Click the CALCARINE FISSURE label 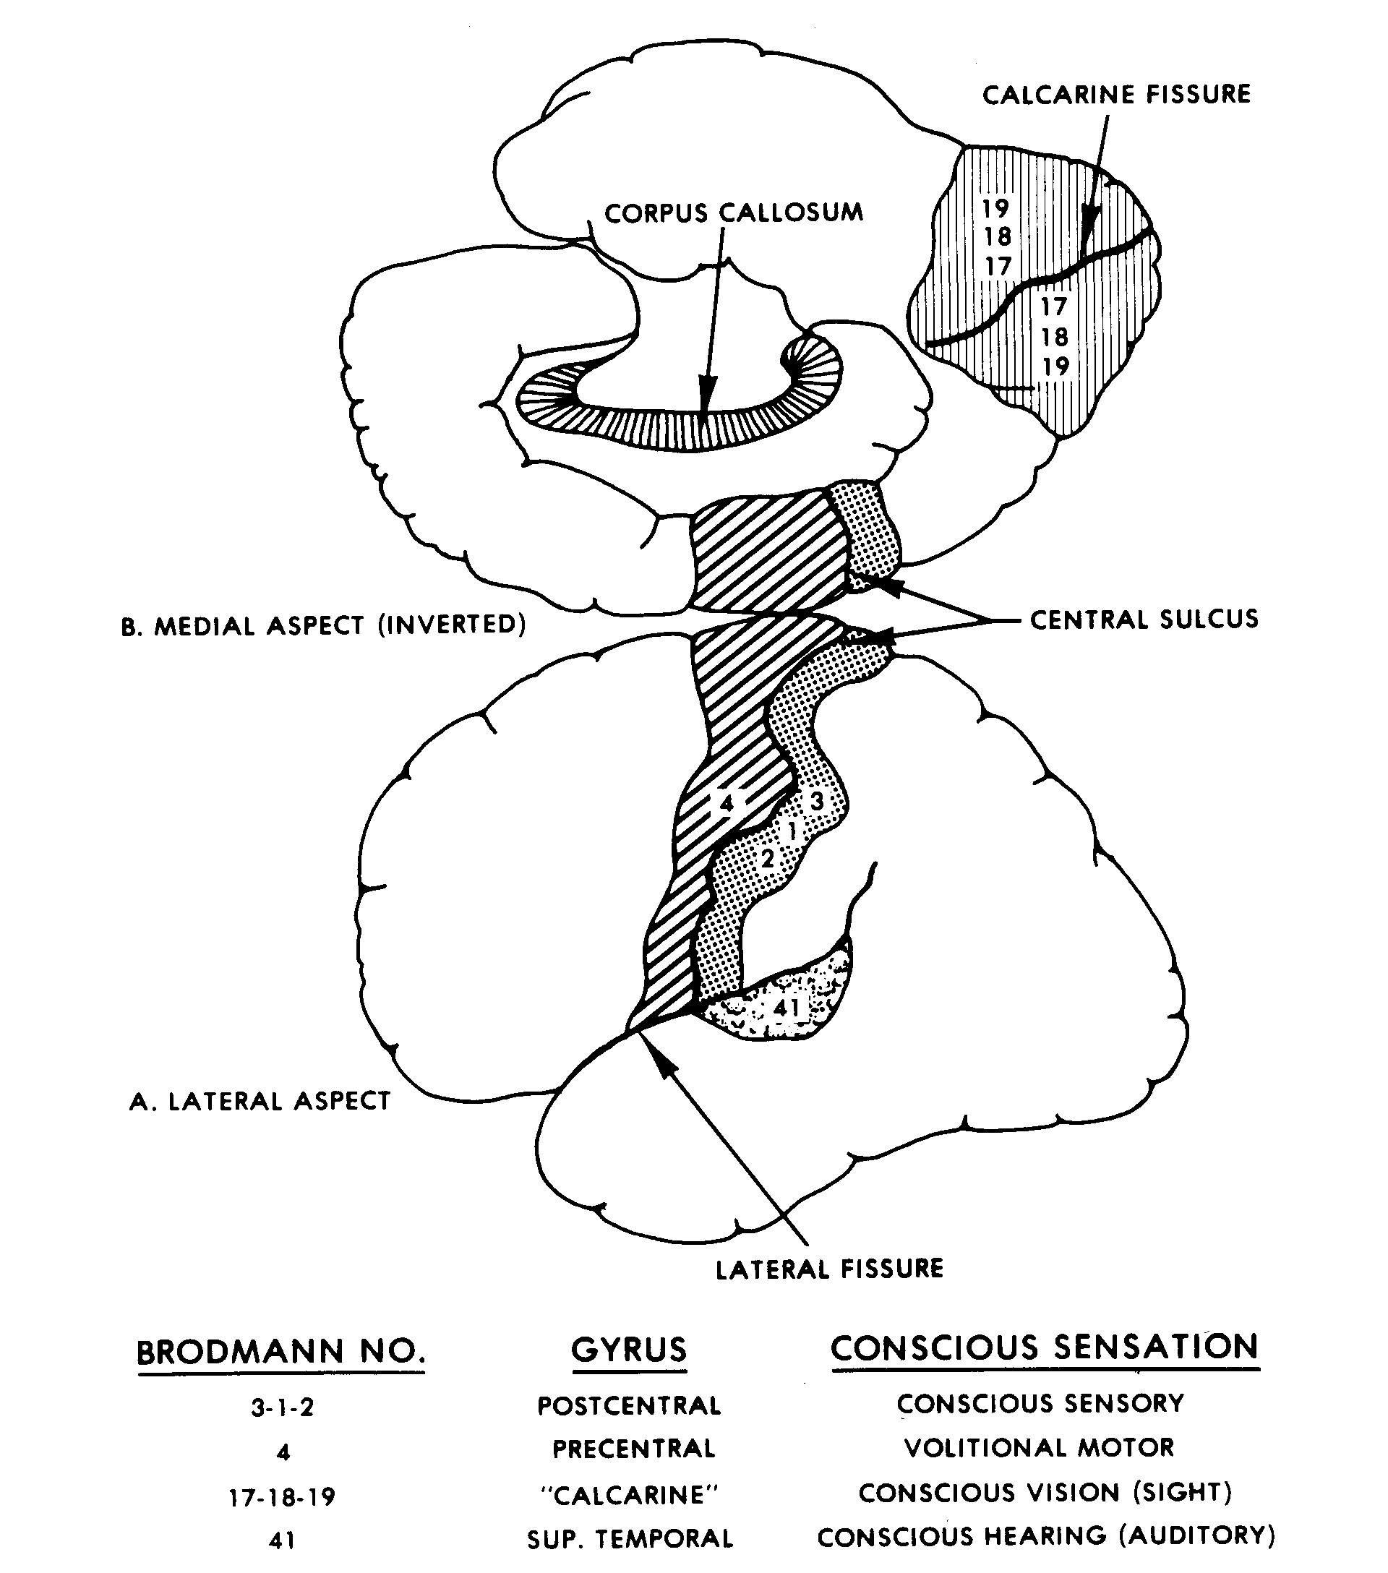[1116, 95]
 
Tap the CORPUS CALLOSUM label [733, 213]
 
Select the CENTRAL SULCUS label [1144, 619]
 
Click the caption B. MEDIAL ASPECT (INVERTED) [323, 625]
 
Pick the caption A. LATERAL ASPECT [260, 1100]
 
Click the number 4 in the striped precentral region [727, 803]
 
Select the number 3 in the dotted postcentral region [817, 801]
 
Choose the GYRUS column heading [629, 1350]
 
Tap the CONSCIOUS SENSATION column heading [1044, 1347]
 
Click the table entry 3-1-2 [283, 1407]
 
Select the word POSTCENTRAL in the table [629, 1406]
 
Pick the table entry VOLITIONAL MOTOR [1039, 1447]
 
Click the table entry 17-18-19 [283, 1497]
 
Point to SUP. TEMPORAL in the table [630, 1538]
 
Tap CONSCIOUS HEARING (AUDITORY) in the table [1045, 1537]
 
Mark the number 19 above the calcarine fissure [995, 207]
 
